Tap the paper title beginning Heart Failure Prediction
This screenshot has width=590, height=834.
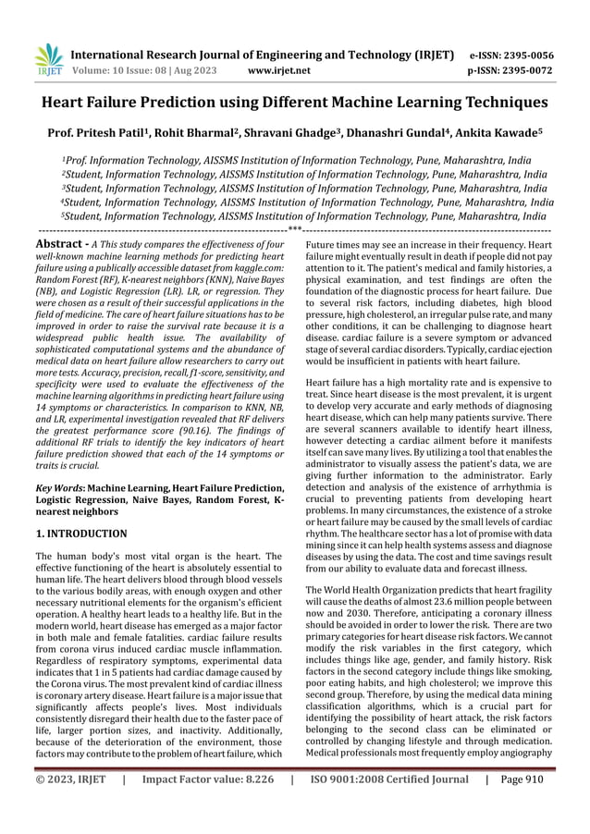tap(295, 104)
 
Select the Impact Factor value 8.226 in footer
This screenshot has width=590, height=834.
tap(209, 805)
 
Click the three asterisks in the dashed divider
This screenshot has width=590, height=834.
tap(295, 228)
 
